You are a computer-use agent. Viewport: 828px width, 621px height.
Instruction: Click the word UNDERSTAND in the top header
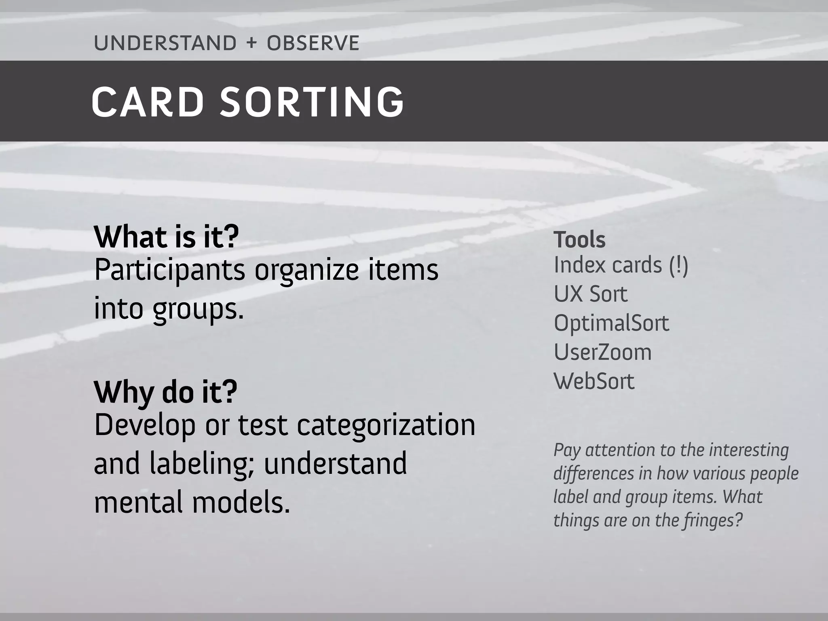pyautogui.click(x=165, y=43)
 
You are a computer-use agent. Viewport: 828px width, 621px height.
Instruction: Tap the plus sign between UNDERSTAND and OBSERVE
pyautogui.click(x=251, y=43)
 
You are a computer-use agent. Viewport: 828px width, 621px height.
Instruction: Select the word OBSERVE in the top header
pyautogui.click(x=313, y=43)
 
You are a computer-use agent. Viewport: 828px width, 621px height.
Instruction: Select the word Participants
pyautogui.click(x=169, y=270)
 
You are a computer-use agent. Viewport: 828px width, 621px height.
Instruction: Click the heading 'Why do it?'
pyautogui.click(x=165, y=392)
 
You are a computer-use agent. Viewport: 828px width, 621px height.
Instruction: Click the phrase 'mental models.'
pyautogui.click(x=192, y=503)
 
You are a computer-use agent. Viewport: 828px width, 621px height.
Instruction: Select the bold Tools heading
pyautogui.click(x=579, y=239)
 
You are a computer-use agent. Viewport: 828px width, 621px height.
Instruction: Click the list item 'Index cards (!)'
pyautogui.click(x=621, y=265)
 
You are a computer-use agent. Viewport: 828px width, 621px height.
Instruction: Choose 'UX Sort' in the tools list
pyautogui.click(x=590, y=294)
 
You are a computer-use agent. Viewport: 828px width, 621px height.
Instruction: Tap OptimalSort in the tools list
pyautogui.click(x=611, y=323)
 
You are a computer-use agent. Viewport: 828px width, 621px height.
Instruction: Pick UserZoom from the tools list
pyautogui.click(x=602, y=352)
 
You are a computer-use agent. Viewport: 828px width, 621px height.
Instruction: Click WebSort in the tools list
pyautogui.click(x=594, y=381)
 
